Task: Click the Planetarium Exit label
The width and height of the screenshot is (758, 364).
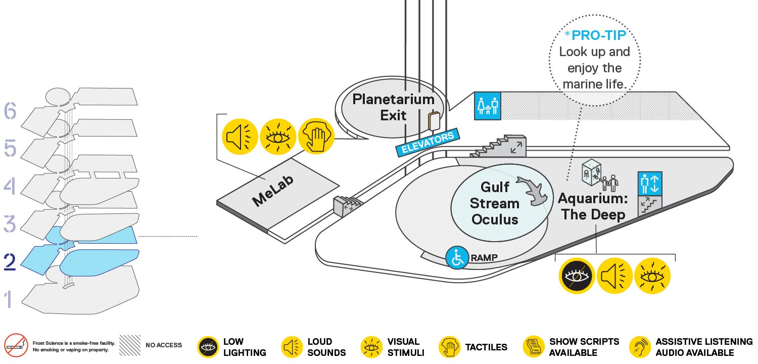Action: pyautogui.click(x=393, y=107)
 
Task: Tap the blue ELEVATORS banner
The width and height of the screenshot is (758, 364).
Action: pyautogui.click(x=428, y=142)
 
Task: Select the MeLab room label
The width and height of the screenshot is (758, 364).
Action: pyautogui.click(x=273, y=191)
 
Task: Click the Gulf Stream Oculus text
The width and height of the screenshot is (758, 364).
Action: pyautogui.click(x=494, y=203)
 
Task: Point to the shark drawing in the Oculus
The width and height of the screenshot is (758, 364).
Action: pyautogui.click(x=533, y=191)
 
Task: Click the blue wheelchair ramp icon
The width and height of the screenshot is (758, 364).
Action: pyautogui.click(x=457, y=258)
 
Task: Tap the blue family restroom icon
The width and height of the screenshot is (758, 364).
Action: pyautogui.click(x=487, y=106)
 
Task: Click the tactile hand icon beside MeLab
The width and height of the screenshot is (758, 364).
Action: pyautogui.click(x=316, y=136)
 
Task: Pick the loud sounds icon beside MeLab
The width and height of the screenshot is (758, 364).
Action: pyautogui.click(x=240, y=136)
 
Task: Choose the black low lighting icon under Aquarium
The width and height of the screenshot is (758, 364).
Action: pyautogui.click(x=577, y=276)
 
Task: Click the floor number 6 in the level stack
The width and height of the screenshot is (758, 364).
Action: pyautogui.click(x=10, y=111)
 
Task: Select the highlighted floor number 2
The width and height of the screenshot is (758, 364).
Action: pyautogui.click(x=10, y=262)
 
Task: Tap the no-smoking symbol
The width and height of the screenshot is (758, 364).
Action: pyautogui.click(x=16, y=345)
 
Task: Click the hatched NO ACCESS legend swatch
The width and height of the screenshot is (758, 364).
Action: pyautogui.click(x=129, y=345)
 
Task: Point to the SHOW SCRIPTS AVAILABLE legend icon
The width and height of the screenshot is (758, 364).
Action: pyautogui.click(x=534, y=347)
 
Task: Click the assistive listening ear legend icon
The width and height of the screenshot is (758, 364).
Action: pyautogui.click(x=640, y=347)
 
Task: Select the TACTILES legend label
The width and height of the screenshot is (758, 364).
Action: pyautogui.click(x=486, y=347)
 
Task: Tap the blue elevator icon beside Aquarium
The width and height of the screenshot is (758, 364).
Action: pyautogui.click(x=650, y=183)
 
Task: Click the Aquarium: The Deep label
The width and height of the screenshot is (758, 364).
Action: pyautogui.click(x=593, y=207)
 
